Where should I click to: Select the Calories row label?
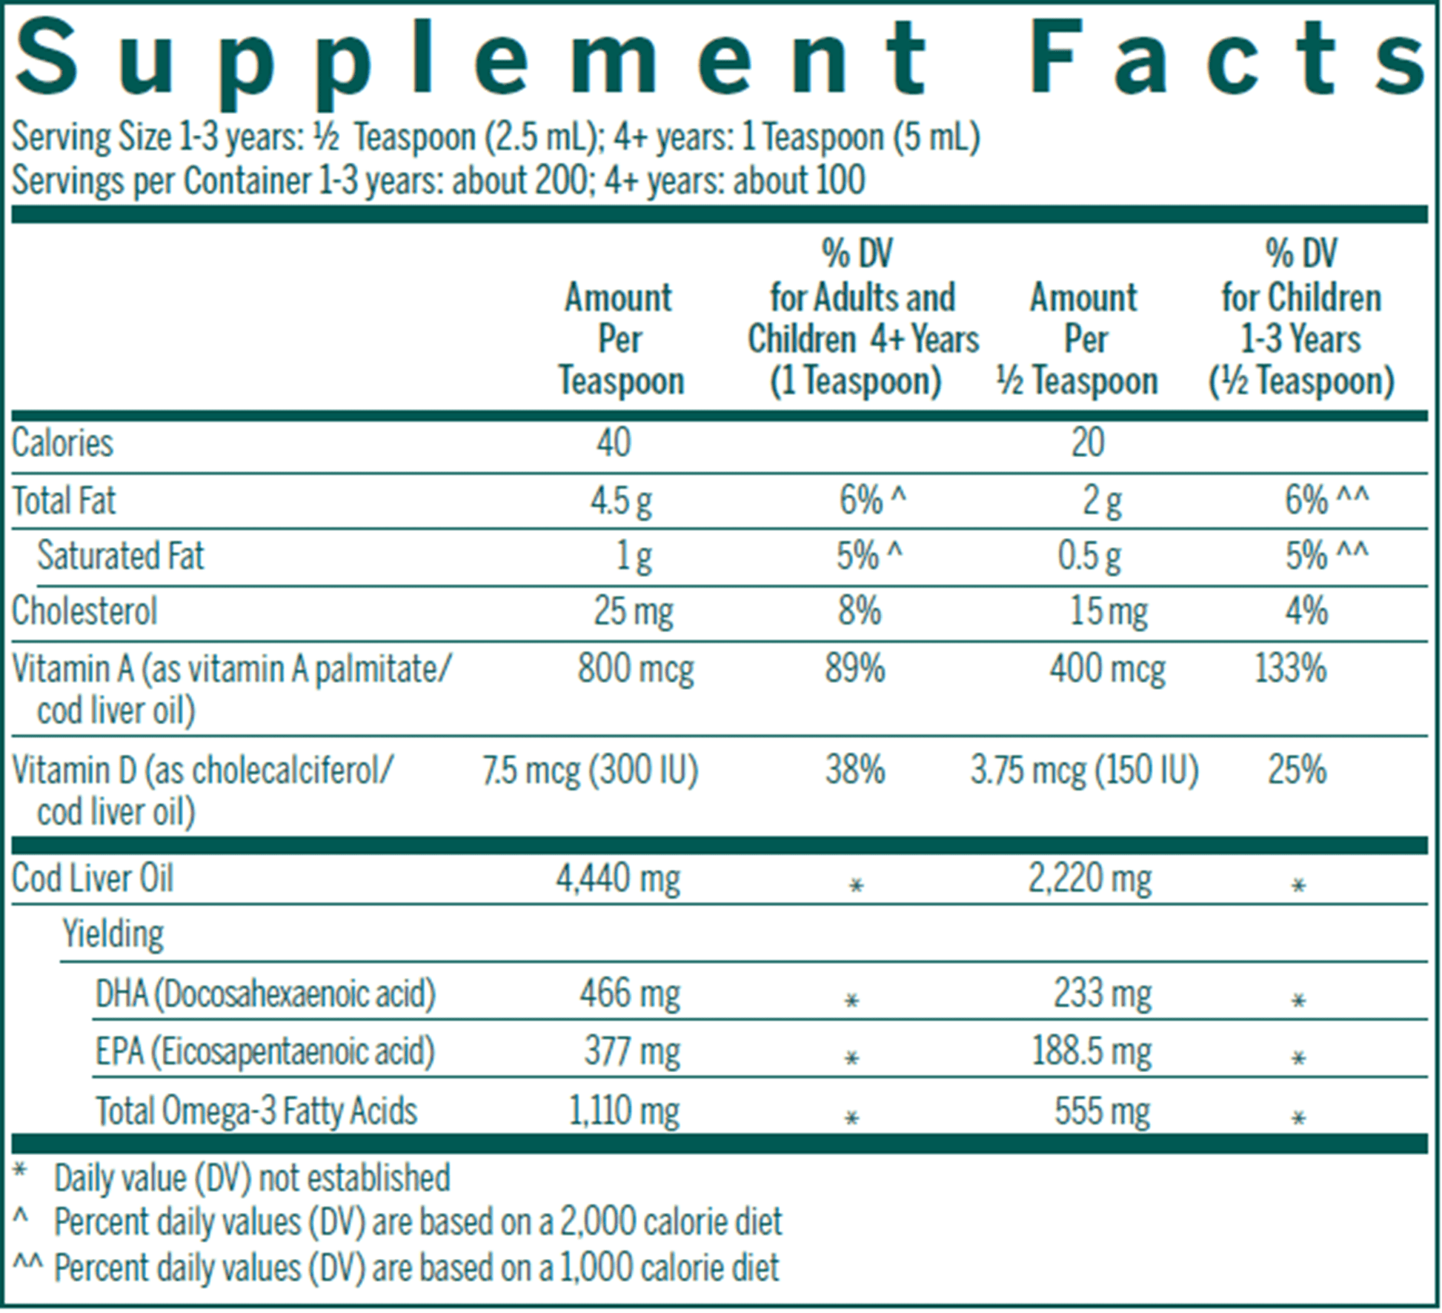point(62,444)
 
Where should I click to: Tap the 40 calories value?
point(614,443)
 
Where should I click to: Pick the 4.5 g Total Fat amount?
point(621,502)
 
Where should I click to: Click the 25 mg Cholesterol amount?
point(634,612)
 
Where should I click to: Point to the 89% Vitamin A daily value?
point(855,668)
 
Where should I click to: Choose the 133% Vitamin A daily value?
point(1290,668)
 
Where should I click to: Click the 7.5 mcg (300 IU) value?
point(591,771)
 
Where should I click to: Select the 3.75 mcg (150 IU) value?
point(1085,771)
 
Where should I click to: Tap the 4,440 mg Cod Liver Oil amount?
point(618,880)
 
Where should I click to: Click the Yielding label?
point(113,934)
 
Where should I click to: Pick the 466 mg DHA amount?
point(630,994)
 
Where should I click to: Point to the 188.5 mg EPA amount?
point(1092,1051)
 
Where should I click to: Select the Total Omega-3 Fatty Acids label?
point(256,1111)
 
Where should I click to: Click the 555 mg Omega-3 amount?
point(1103,1111)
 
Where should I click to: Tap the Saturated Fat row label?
point(121,556)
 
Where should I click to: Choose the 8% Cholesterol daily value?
point(860,612)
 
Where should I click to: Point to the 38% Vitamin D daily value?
point(855,771)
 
